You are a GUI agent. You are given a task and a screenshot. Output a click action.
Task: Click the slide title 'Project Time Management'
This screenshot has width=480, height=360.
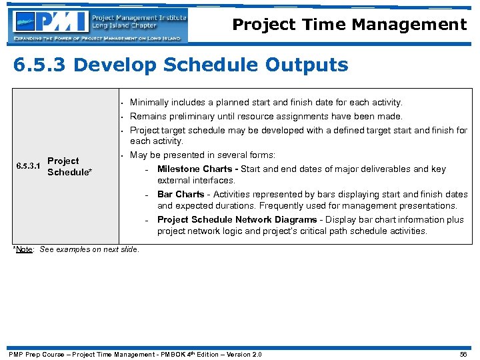click(349, 25)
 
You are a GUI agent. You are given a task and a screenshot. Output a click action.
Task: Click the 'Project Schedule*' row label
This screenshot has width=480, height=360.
click(69, 167)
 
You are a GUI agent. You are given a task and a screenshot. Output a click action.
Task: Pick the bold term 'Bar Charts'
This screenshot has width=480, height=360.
click(181, 195)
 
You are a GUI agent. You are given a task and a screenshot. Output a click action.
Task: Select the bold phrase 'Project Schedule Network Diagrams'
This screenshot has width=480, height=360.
click(237, 220)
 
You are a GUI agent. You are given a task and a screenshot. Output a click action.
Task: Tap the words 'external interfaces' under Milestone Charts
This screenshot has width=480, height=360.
click(196, 181)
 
